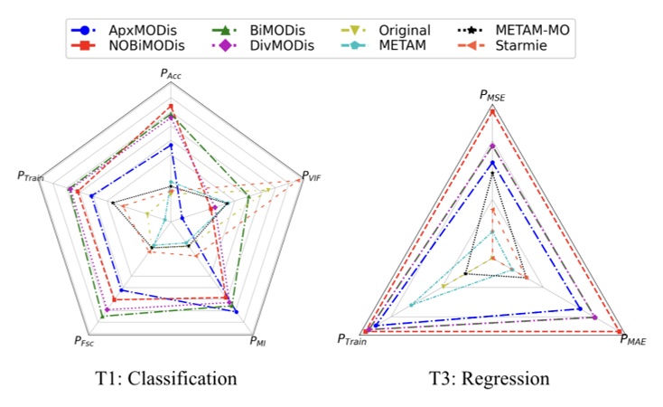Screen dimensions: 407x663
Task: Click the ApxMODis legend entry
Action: (x=119, y=30)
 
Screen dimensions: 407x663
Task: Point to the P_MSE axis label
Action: (x=492, y=95)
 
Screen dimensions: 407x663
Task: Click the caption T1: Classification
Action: (x=170, y=378)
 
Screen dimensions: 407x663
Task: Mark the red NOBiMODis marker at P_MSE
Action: (x=492, y=111)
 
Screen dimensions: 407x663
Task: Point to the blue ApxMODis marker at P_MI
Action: (x=236, y=312)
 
